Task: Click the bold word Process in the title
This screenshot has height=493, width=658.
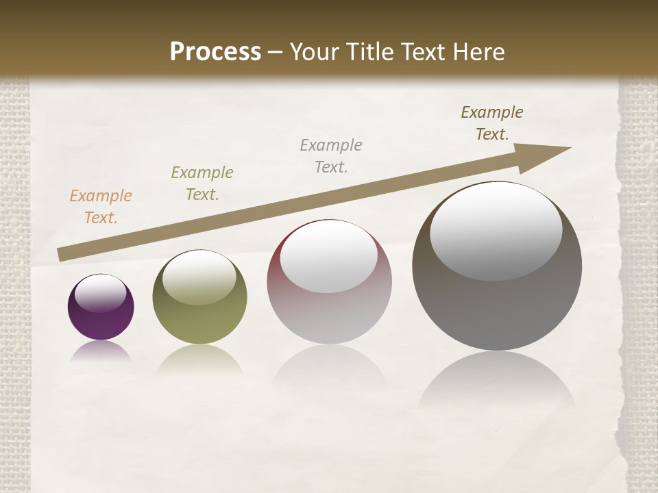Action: (x=215, y=52)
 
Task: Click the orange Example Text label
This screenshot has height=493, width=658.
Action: (x=101, y=207)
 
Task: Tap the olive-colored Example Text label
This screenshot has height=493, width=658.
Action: (x=202, y=184)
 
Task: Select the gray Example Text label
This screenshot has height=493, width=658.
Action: (x=331, y=156)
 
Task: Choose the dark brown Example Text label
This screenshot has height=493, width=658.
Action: (x=492, y=123)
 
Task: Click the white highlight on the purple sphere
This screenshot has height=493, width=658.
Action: (x=101, y=293)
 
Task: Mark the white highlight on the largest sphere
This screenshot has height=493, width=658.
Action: (x=496, y=231)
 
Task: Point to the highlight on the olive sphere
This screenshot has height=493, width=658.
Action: (x=199, y=277)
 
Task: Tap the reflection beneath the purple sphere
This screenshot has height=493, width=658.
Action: (x=101, y=352)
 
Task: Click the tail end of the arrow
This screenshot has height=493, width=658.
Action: (x=62, y=255)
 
